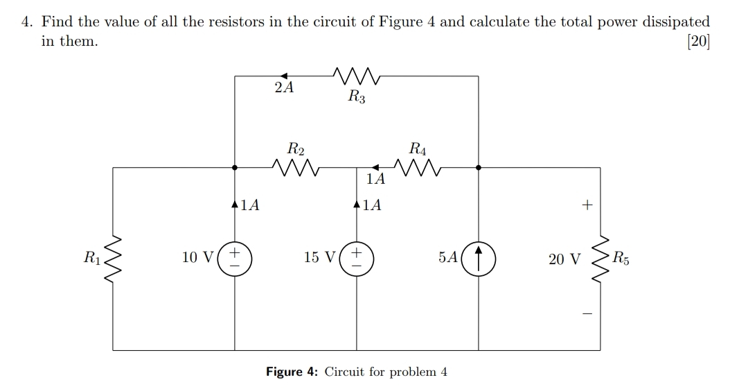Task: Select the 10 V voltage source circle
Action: [x=235, y=257]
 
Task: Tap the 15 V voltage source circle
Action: [x=357, y=257]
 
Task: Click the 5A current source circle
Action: [x=479, y=257]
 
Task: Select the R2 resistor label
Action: [x=296, y=148]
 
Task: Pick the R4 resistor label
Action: [x=418, y=148]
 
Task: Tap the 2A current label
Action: [x=283, y=88]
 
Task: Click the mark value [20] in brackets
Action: [x=697, y=41]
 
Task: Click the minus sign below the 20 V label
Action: [x=587, y=314]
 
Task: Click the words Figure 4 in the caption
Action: [x=292, y=372]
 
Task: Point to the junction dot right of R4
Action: [x=479, y=167]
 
